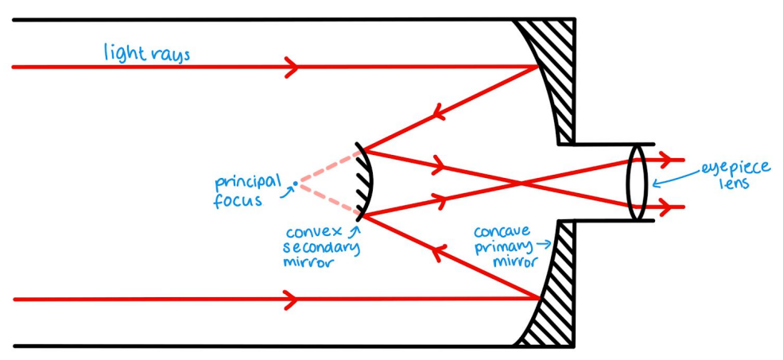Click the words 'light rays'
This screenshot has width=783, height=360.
tap(147, 54)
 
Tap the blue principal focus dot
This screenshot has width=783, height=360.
tap(295, 184)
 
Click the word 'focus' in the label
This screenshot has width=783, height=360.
tap(237, 200)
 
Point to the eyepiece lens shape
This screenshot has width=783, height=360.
tap(637, 183)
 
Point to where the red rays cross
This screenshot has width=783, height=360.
tap(521, 184)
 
